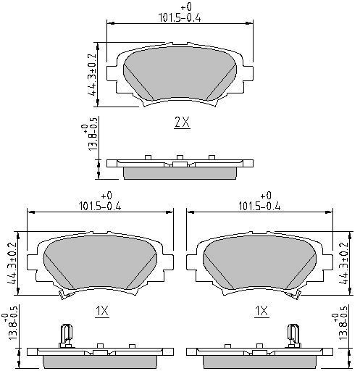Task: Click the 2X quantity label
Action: tap(182, 122)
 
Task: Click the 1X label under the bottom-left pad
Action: tap(102, 311)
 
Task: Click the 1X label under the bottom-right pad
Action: tap(261, 311)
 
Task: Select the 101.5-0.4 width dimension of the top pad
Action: tap(180, 14)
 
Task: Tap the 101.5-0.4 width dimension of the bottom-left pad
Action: tap(100, 202)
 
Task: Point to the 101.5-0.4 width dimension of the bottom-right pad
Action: tap(259, 202)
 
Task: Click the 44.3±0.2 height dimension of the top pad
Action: tap(92, 75)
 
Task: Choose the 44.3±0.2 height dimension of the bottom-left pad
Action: tap(12, 263)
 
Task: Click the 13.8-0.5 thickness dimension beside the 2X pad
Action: tap(90, 134)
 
